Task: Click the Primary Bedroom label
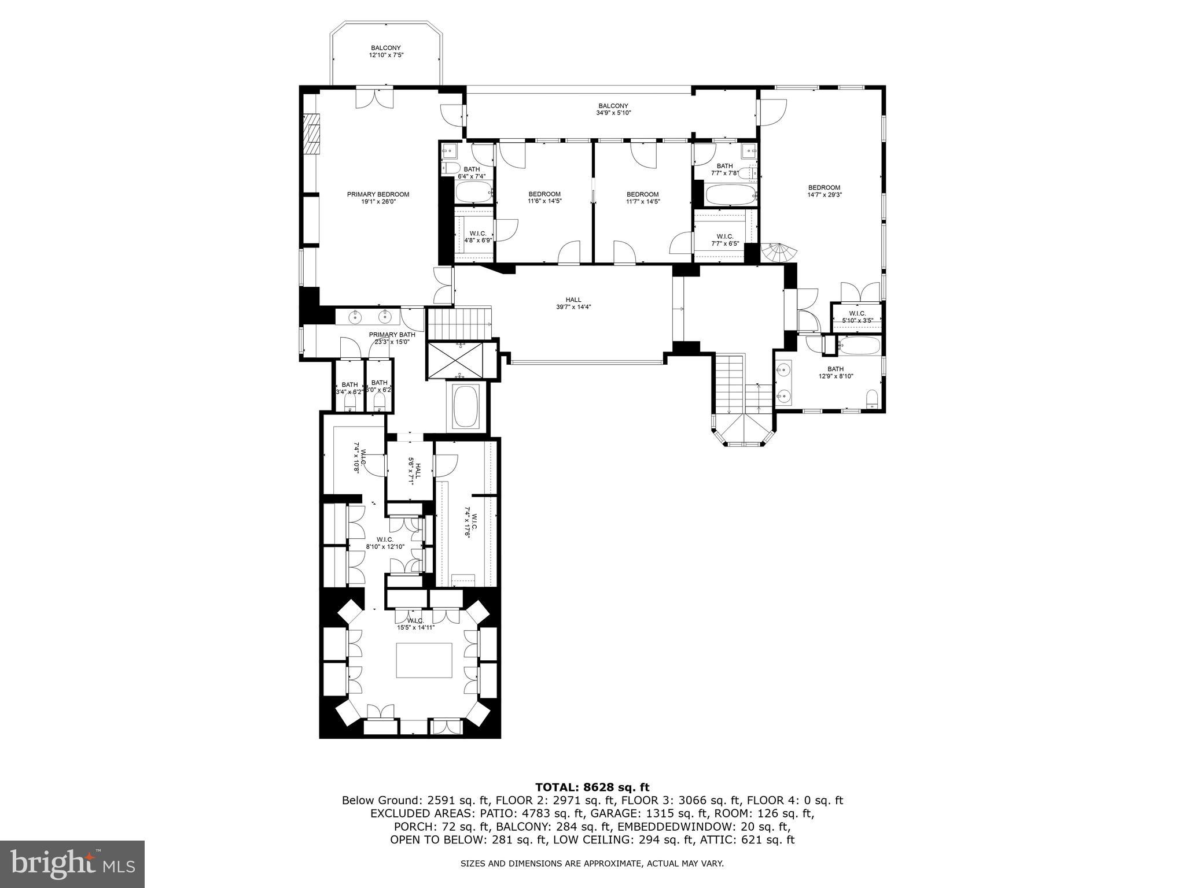point(378,198)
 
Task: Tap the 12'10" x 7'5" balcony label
point(386,51)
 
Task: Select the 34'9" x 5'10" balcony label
point(613,109)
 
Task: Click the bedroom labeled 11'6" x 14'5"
point(544,198)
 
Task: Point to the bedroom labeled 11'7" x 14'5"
point(642,198)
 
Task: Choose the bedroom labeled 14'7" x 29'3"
point(824,191)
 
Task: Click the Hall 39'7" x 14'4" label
point(573,303)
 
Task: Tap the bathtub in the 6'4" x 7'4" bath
point(473,191)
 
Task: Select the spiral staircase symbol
point(779,253)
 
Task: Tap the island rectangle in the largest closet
point(424,660)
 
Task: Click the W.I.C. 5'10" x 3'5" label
point(857,316)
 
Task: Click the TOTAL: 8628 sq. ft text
point(592,787)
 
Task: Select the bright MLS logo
point(72,864)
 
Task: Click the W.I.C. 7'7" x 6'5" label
point(724,240)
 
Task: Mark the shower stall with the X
point(461,360)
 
